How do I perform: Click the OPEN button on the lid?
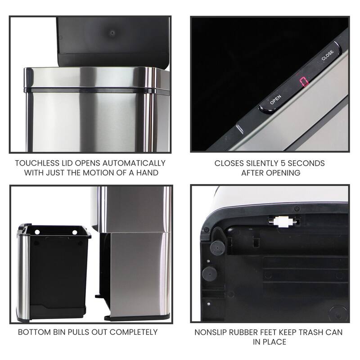[275, 100]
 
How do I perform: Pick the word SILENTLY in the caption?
[258, 163]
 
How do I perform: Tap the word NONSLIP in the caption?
[211, 333]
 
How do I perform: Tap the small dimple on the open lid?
[111, 33]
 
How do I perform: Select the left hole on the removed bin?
[37, 232]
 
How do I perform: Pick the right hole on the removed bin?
[81, 232]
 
